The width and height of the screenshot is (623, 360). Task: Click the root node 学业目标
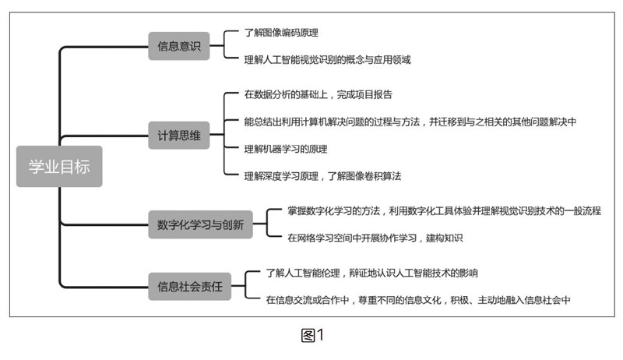59,166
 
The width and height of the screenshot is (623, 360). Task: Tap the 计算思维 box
178,136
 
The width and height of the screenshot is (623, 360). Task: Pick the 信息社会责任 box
189,286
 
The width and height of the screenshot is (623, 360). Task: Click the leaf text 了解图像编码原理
281,33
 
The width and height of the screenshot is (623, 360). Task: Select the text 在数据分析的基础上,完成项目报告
318,94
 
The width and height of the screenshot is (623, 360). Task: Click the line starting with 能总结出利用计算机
410,121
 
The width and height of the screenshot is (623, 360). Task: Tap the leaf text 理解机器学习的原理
285,148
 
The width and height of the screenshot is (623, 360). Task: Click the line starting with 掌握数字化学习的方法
433,210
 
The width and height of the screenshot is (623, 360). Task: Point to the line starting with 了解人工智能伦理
371,273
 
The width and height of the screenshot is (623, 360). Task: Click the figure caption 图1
311,336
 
